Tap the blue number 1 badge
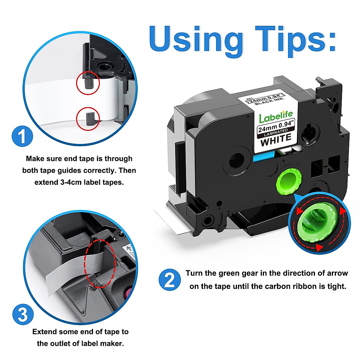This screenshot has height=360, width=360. [22, 136]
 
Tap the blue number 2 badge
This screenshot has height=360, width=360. [169, 280]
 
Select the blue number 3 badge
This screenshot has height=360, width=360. [23, 314]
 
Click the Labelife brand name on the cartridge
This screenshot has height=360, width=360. [276, 117]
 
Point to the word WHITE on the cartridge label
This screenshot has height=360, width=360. [276, 139]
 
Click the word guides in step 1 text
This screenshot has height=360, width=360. [69, 171]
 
